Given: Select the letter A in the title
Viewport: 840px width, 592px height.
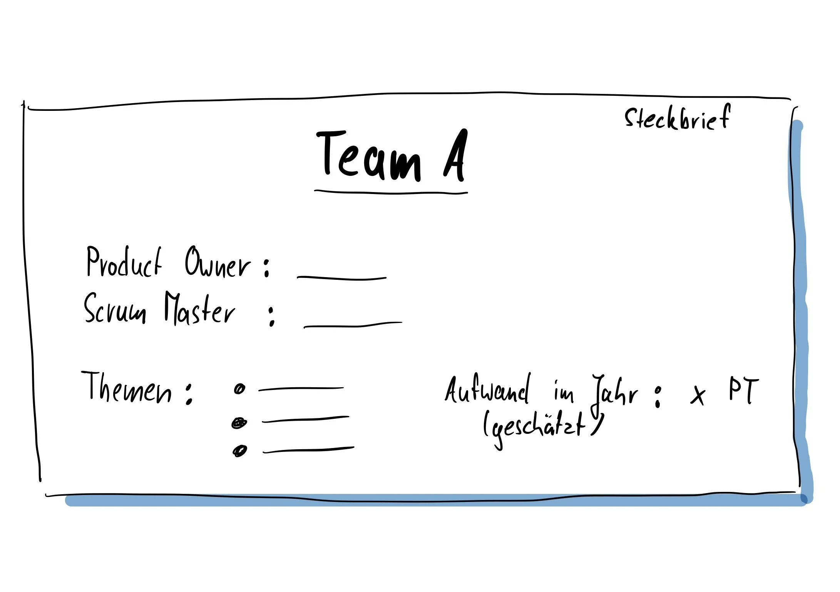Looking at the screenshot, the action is (x=456, y=156).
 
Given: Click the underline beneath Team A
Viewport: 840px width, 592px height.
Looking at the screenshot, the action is (x=391, y=192).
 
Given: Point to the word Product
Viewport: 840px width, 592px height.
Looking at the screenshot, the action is (x=124, y=263).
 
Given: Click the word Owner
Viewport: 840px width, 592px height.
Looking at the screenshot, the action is (x=218, y=263).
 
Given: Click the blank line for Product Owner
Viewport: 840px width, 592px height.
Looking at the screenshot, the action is (x=341, y=278).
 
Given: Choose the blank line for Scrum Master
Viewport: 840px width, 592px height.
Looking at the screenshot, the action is (x=353, y=325).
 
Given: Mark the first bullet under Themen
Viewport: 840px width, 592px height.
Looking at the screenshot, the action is (x=239, y=389).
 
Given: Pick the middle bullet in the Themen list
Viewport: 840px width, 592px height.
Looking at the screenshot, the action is (x=239, y=423).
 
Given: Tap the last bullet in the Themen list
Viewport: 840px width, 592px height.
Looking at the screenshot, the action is (x=239, y=450).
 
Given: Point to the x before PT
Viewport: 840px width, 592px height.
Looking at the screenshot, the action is (x=698, y=395).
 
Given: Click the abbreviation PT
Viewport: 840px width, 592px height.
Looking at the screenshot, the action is (x=743, y=391).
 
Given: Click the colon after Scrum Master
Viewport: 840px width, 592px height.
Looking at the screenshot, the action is (x=272, y=316).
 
